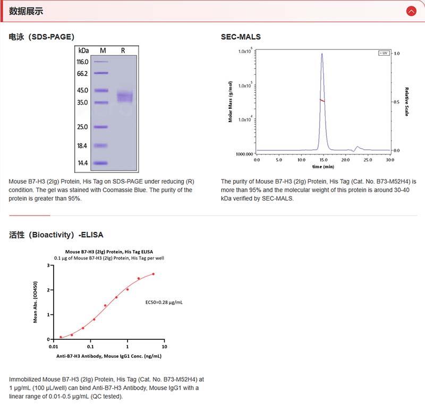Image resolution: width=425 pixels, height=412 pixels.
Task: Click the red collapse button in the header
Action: tap(411, 11)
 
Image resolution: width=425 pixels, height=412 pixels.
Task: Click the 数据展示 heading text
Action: tap(26, 11)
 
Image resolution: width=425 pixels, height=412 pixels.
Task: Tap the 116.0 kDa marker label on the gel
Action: tap(83, 62)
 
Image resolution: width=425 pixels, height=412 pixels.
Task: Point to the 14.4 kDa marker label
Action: tap(83, 163)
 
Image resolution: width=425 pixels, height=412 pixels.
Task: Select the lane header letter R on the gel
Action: tap(123, 50)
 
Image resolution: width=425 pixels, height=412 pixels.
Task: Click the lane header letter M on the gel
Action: tap(103, 50)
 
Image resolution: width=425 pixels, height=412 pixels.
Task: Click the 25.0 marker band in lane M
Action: tap(101, 127)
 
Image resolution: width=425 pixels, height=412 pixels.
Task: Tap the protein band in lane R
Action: tap(125, 96)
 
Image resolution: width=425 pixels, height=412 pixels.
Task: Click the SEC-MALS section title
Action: tap(241, 37)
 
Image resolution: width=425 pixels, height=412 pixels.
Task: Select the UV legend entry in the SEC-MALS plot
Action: tap(384, 53)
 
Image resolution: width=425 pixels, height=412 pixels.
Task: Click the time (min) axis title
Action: tap(323, 166)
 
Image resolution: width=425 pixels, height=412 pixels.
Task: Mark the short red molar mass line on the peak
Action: tap(322, 100)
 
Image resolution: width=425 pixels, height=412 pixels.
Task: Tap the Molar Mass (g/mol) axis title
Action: tap(231, 101)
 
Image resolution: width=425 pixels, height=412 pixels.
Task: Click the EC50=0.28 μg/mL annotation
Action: tap(164, 302)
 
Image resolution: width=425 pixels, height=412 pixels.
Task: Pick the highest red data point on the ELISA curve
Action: tap(153, 274)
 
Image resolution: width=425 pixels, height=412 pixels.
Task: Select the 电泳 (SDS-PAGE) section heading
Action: tap(41, 37)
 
